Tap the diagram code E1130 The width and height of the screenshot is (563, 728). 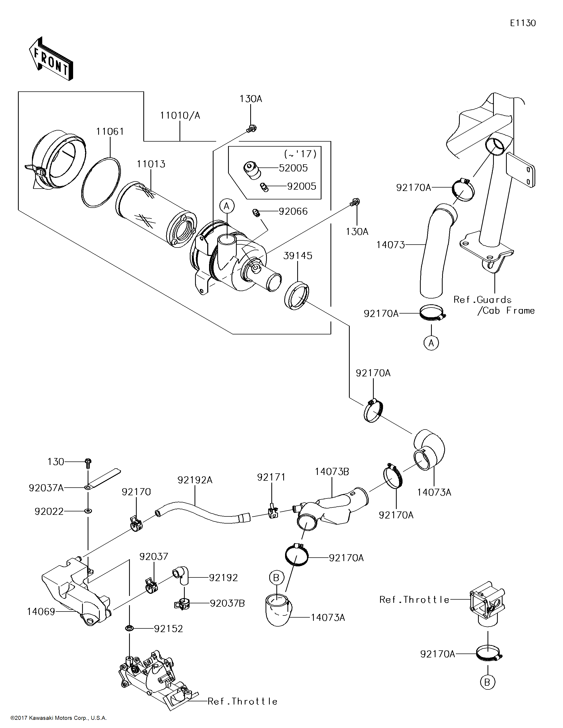[x=523, y=23]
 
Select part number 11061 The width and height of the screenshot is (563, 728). [x=110, y=132]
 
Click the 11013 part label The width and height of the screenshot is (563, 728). [x=151, y=164]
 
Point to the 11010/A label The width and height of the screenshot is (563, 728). [x=180, y=115]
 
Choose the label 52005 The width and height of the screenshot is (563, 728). [x=293, y=168]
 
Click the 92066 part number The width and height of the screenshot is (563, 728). [x=293, y=211]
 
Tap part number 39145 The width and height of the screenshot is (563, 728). [x=298, y=256]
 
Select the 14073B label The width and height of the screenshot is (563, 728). [x=332, y=472]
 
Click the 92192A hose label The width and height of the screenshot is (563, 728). [x=195, y=480]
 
